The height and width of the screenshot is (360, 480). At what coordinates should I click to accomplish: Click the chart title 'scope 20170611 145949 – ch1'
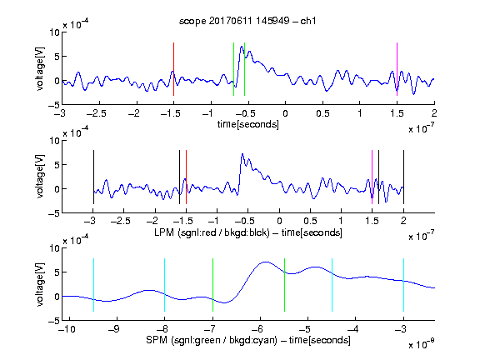coord(247,21)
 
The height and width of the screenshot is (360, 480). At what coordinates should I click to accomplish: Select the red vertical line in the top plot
coord(173,69)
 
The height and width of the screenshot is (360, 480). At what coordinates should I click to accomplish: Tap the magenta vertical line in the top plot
coord(397,69)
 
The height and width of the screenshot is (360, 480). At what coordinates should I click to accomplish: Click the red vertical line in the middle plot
coord(186,177)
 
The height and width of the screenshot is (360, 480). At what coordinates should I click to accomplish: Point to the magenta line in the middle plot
coord(372,177)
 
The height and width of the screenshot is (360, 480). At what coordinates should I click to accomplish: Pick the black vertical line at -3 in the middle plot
coord(93,177)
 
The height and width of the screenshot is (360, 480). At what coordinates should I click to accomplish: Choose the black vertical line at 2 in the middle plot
coord(403,177)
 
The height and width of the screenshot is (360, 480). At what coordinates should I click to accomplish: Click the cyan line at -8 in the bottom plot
coord(164,285)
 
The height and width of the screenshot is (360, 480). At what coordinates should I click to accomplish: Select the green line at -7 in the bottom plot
coord(212,285)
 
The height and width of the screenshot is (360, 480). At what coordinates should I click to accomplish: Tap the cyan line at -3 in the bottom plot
coord(403,285)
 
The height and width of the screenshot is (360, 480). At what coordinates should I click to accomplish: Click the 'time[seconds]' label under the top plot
coord(248,124)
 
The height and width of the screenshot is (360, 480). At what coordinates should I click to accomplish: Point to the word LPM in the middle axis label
coord(164,232)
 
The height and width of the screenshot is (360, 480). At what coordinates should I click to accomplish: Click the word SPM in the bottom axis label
coord(157,340)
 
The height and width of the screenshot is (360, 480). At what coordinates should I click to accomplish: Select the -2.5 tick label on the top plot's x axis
coord(96,113)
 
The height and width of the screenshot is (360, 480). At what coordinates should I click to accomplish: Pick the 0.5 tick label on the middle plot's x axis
coord(310,221)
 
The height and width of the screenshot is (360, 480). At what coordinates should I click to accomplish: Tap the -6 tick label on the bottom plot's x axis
coord(257,329)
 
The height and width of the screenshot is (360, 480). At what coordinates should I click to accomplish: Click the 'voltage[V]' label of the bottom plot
coord(40,284)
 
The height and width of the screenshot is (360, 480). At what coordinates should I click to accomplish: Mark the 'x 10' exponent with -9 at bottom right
coord(422,343)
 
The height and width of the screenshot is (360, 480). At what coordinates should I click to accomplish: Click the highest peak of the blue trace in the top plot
coord(242,47)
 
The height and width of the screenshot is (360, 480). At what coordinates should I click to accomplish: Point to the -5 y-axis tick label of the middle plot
coord(54,213)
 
